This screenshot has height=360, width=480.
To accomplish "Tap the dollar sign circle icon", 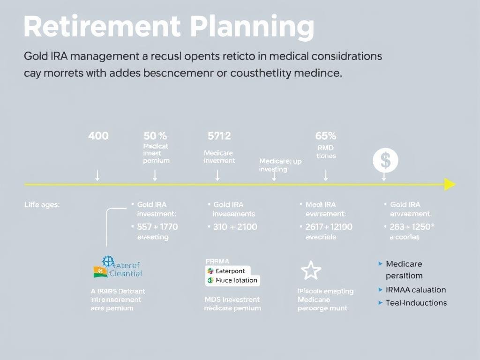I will (x=385, y=161).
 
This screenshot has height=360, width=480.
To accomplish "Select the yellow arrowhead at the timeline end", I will (x=450, y=184).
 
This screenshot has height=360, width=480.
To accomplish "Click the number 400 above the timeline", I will (x=98, y=136).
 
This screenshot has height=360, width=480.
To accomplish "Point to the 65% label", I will (x=326, y=136).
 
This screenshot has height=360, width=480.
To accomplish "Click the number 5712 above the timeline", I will (x=219, y=136).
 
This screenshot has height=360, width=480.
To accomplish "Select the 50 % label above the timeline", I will (x=155, y=136).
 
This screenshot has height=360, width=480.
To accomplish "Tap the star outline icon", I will (x=310, y=271).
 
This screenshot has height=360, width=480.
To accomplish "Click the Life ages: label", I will (x=42, y=204).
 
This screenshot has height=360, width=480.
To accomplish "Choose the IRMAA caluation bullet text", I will (x=415, y=290).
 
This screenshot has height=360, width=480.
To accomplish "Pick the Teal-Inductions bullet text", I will (x=416, y=303).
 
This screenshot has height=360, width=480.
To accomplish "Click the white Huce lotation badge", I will (x=232, y=280).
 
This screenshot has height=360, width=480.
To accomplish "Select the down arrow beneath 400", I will (x=97, y=175).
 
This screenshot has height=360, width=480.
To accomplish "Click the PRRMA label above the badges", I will (x=217, y=261).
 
